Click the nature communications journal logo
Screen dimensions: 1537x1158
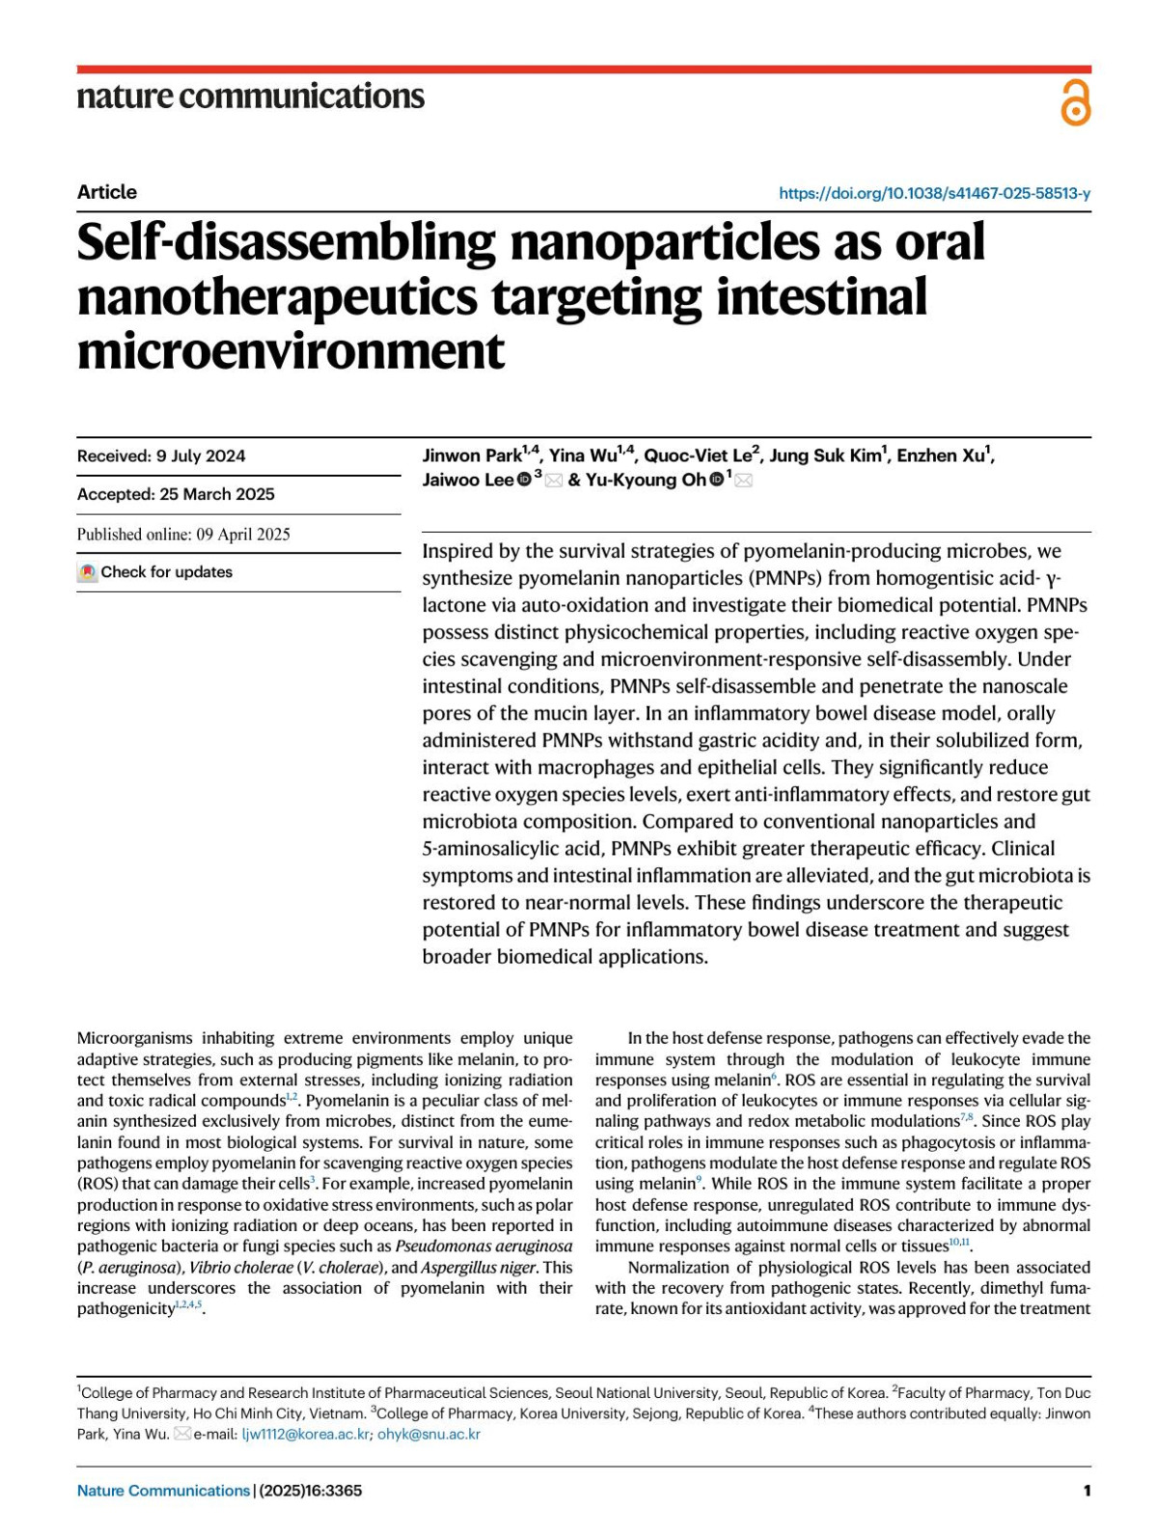click(250, 96)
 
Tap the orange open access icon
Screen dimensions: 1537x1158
click(1075, 103)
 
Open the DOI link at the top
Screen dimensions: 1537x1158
click(934, 193)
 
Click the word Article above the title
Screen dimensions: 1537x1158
click(106, 192)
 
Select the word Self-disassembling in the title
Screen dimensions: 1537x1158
click(285, 243)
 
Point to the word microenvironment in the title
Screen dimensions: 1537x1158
click(290, 351)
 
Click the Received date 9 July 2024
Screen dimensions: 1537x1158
click(161, 456)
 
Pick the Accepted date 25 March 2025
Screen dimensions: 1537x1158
click(176, 494)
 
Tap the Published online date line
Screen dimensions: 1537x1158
click(183, 535)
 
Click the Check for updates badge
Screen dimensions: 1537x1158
click(155, 572)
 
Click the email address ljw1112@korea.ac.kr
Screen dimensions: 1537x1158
click(305, 1435)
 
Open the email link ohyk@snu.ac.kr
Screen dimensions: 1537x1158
click(428, 1435)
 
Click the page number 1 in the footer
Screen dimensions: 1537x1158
click(1087, 1491)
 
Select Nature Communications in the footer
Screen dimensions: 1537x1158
click(163, 1491)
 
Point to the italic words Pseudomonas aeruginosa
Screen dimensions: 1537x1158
click(483, 1247)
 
